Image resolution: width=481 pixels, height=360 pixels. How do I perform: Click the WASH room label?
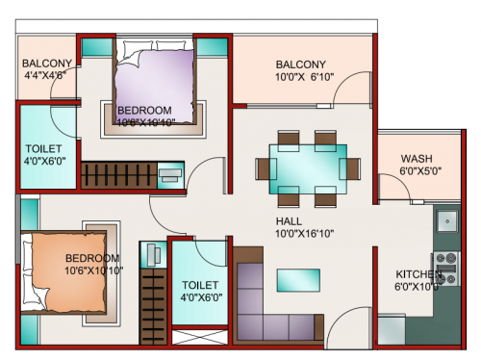click(x=416, y=159)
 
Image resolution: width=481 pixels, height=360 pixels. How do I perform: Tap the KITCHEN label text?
click(x=416, y=273)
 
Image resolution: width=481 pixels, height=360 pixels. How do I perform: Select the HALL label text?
click(x=288, y=220)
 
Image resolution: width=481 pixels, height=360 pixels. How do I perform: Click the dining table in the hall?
click(x=307, y=163)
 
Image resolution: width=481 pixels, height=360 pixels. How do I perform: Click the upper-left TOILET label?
click(x=42, y=149)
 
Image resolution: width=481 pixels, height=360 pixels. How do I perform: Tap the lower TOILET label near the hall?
click(x=199, y=285)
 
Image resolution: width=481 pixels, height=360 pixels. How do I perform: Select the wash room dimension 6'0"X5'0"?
click(x=419, y=172)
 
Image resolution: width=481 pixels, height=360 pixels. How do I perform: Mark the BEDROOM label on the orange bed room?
click(x=92, y=258)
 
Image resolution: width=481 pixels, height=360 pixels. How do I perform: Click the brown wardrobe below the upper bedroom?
click(x=117, y=175)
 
